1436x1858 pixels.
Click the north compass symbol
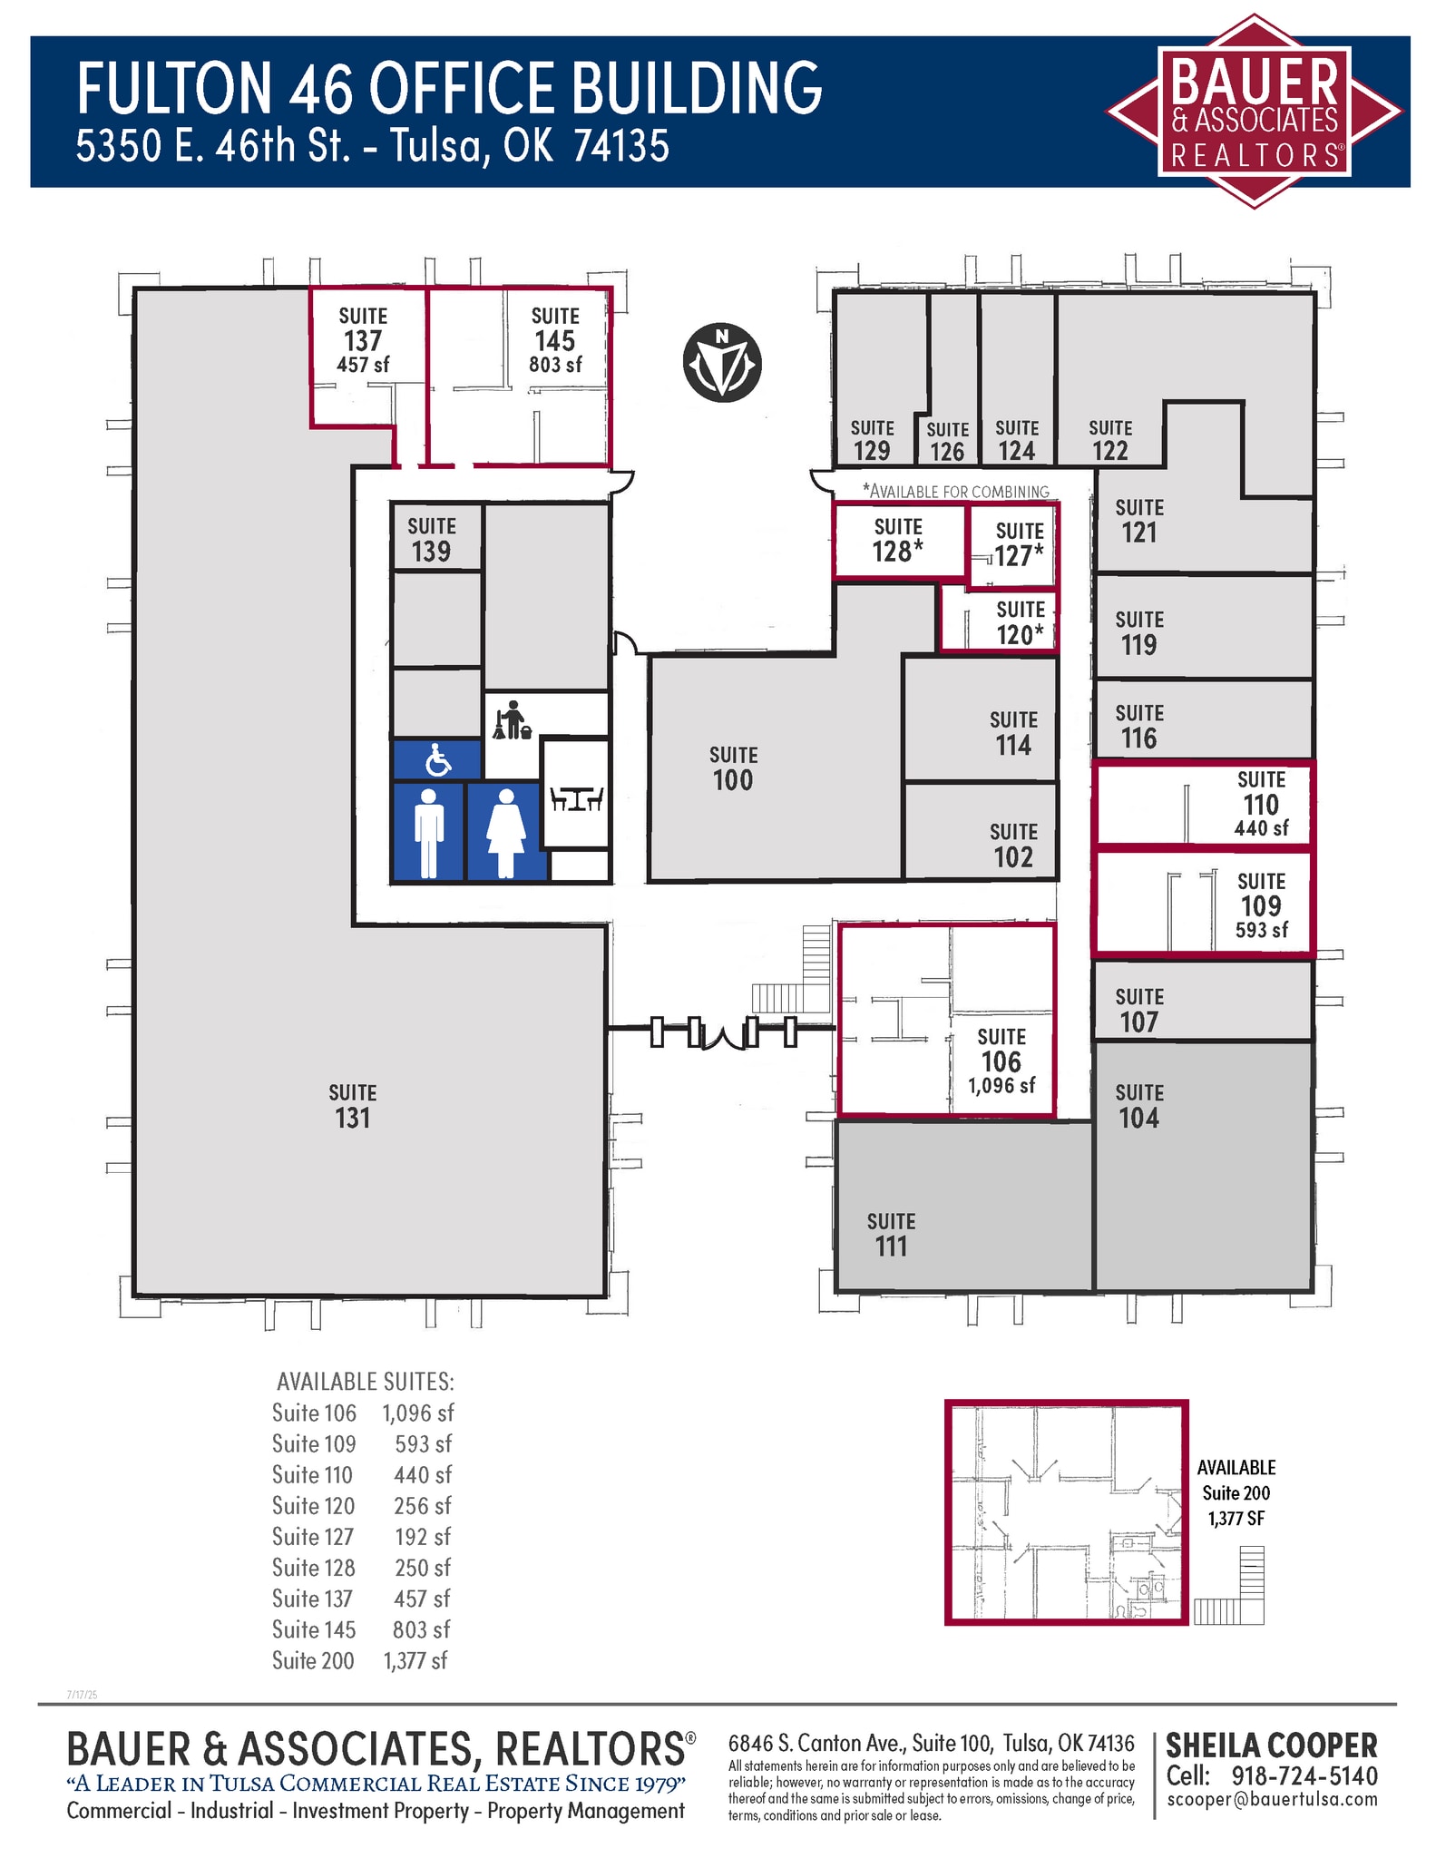[x=721, y=363]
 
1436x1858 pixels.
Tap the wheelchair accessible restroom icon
[x=438, y=760]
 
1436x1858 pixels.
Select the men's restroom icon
[x=429, y=832]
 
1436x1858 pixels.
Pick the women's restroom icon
[x=506, y=832]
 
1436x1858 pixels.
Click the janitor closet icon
[x=512, y=719]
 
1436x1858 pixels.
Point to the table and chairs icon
[x=576, y=798]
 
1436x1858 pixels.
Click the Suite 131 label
[x=353, y=1106]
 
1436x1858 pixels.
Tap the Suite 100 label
[x=733, y=768]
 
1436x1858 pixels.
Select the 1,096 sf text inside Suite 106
[x=1001, y=1085]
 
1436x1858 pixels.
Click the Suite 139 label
[x=432, y=539]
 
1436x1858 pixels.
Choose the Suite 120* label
[x=1021, y=622]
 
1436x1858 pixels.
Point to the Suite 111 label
[x=891, y=1234]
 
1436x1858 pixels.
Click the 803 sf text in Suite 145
[x=555, y=365]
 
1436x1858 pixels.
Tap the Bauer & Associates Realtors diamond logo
[x=1254, y=112]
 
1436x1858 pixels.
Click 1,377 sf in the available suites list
[x=415, y=1660]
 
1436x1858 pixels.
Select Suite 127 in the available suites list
[x=313, y=1537]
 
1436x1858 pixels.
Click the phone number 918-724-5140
[x=1304, y=1775]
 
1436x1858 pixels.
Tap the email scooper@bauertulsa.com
[x=1272, y=1799]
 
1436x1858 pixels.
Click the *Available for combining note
[x=956, y=492]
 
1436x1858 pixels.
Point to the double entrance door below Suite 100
[x=724, y=1032]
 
